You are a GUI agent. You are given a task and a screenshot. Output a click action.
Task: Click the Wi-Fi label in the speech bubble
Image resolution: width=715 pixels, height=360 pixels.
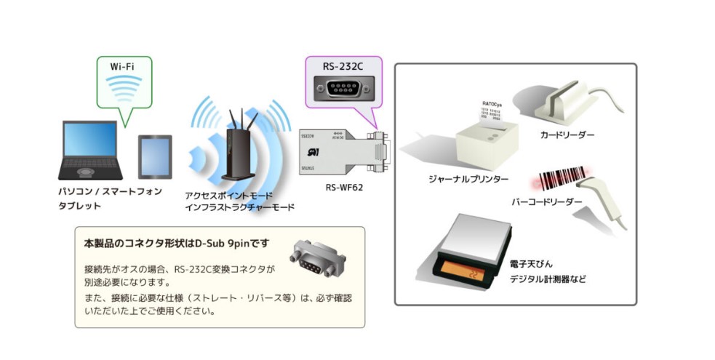pyautogui.click(x=121, y=67)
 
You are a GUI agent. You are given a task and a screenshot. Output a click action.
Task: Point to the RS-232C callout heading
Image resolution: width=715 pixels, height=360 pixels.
pyautogui.click(x=343, y=66)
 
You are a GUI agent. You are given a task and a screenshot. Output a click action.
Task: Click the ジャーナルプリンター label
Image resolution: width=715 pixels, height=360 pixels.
pyautogui.click(x=468, y=178)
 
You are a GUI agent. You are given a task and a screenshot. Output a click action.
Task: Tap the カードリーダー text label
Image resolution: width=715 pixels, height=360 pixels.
pyautogui.click(x=567, y=135)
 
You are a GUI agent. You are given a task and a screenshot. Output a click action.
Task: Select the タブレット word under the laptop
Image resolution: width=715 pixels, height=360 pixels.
pyautogui.click(x=79, y=206)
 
